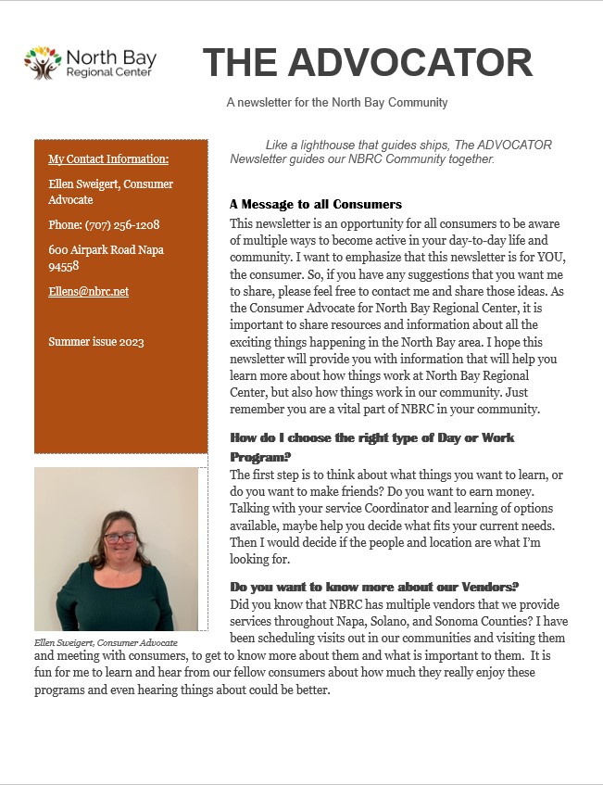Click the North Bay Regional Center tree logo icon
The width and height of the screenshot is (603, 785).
(x=43, y=63)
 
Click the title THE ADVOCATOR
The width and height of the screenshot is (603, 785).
(x=368, y=63)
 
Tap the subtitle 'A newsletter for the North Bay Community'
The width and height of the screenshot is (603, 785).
(x=337, y=103)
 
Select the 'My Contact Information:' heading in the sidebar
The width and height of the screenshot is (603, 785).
(x=108, y=159)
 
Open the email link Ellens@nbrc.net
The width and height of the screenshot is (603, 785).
(x=88, y=291)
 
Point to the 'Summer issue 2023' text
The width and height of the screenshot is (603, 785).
(x=95, y=342)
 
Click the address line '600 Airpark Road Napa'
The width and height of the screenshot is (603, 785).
(x=110, y=249)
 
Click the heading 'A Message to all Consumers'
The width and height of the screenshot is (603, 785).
(x=315, y=204)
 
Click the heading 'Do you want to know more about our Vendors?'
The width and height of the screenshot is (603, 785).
(x=373, y=587)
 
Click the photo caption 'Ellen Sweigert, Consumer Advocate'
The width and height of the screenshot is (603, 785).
(x=106, y=642)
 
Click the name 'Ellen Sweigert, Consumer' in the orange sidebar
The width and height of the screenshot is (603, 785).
(x=110, y=184)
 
